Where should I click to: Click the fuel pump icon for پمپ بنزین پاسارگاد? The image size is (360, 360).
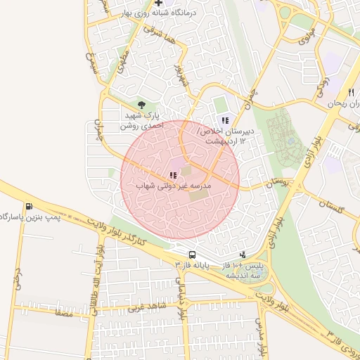(x=29, y=206)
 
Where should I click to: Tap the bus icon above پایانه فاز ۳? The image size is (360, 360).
(x=192, y=254)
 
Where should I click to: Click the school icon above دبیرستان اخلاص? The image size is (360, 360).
(x=225, y=120)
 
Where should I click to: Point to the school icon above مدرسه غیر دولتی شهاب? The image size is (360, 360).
(x=172, y=175)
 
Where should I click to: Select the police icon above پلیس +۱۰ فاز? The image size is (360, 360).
(x=243, y=255)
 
